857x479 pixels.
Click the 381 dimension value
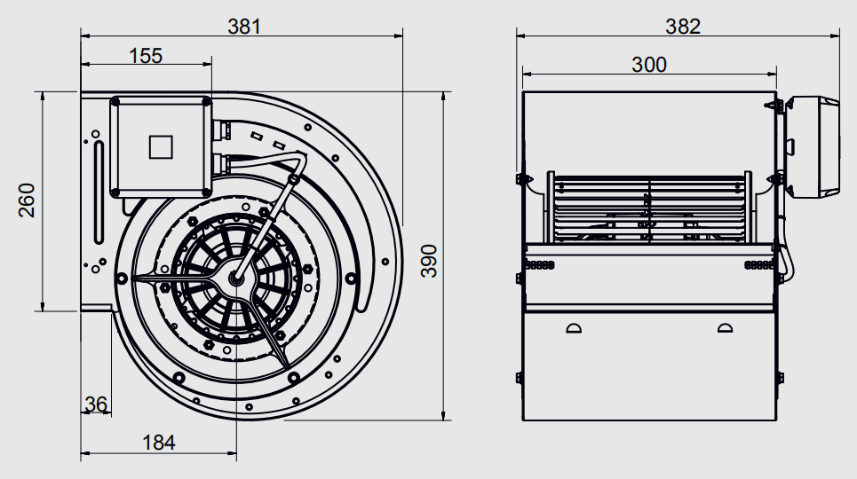click(244, 27)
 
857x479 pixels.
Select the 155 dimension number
click(146, 56)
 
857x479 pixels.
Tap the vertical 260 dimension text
click(27, 200)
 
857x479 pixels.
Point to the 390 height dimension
click(429, 261)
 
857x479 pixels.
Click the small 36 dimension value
click(96, 404)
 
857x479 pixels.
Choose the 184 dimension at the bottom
click(158, 443)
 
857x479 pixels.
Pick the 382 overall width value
click(683, 27)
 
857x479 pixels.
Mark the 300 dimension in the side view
click(649, 65)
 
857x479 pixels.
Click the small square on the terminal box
click(161, 147)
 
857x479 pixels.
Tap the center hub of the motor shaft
click(236, 278)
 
